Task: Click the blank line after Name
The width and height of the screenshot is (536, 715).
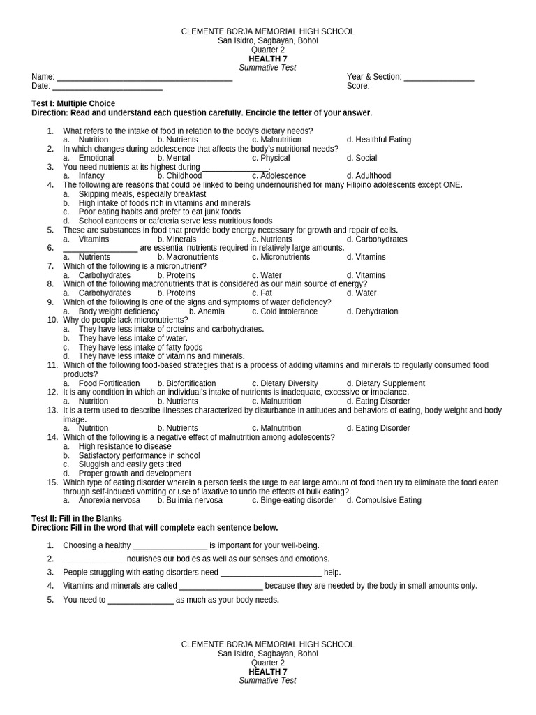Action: (144, 78)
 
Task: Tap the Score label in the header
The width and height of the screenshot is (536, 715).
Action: (358, 86)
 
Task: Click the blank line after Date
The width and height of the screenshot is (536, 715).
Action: (107, 87)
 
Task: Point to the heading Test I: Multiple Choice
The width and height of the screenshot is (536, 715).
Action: (73, 103)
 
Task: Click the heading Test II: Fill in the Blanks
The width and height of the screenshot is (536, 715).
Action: (77, 519)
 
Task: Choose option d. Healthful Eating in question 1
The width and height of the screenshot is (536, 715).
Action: (379, 140)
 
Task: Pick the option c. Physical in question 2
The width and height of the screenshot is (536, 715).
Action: (271, 158)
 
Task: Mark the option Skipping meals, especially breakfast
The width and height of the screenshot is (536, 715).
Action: (142, 194)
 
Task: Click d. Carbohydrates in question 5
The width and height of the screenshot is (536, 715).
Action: (377, 239)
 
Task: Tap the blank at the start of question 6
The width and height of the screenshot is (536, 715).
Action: (100, 249)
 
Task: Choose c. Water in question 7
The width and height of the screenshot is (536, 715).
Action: (267, 275)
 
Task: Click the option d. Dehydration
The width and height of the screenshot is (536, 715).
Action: (372, 311)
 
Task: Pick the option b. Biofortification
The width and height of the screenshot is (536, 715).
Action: (186, 383)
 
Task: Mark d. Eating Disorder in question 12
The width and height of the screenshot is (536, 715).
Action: (378, 401)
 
